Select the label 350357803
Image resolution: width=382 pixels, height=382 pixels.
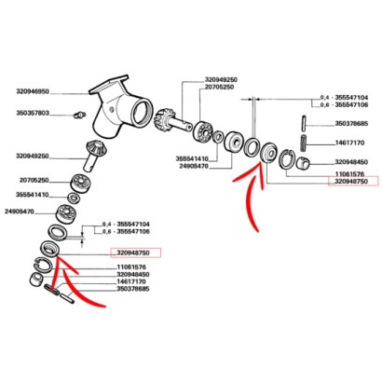pos(34,114)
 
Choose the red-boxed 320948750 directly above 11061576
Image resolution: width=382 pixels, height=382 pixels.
pos(136,252)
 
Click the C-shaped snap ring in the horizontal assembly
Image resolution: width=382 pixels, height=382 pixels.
pos(268,149)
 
